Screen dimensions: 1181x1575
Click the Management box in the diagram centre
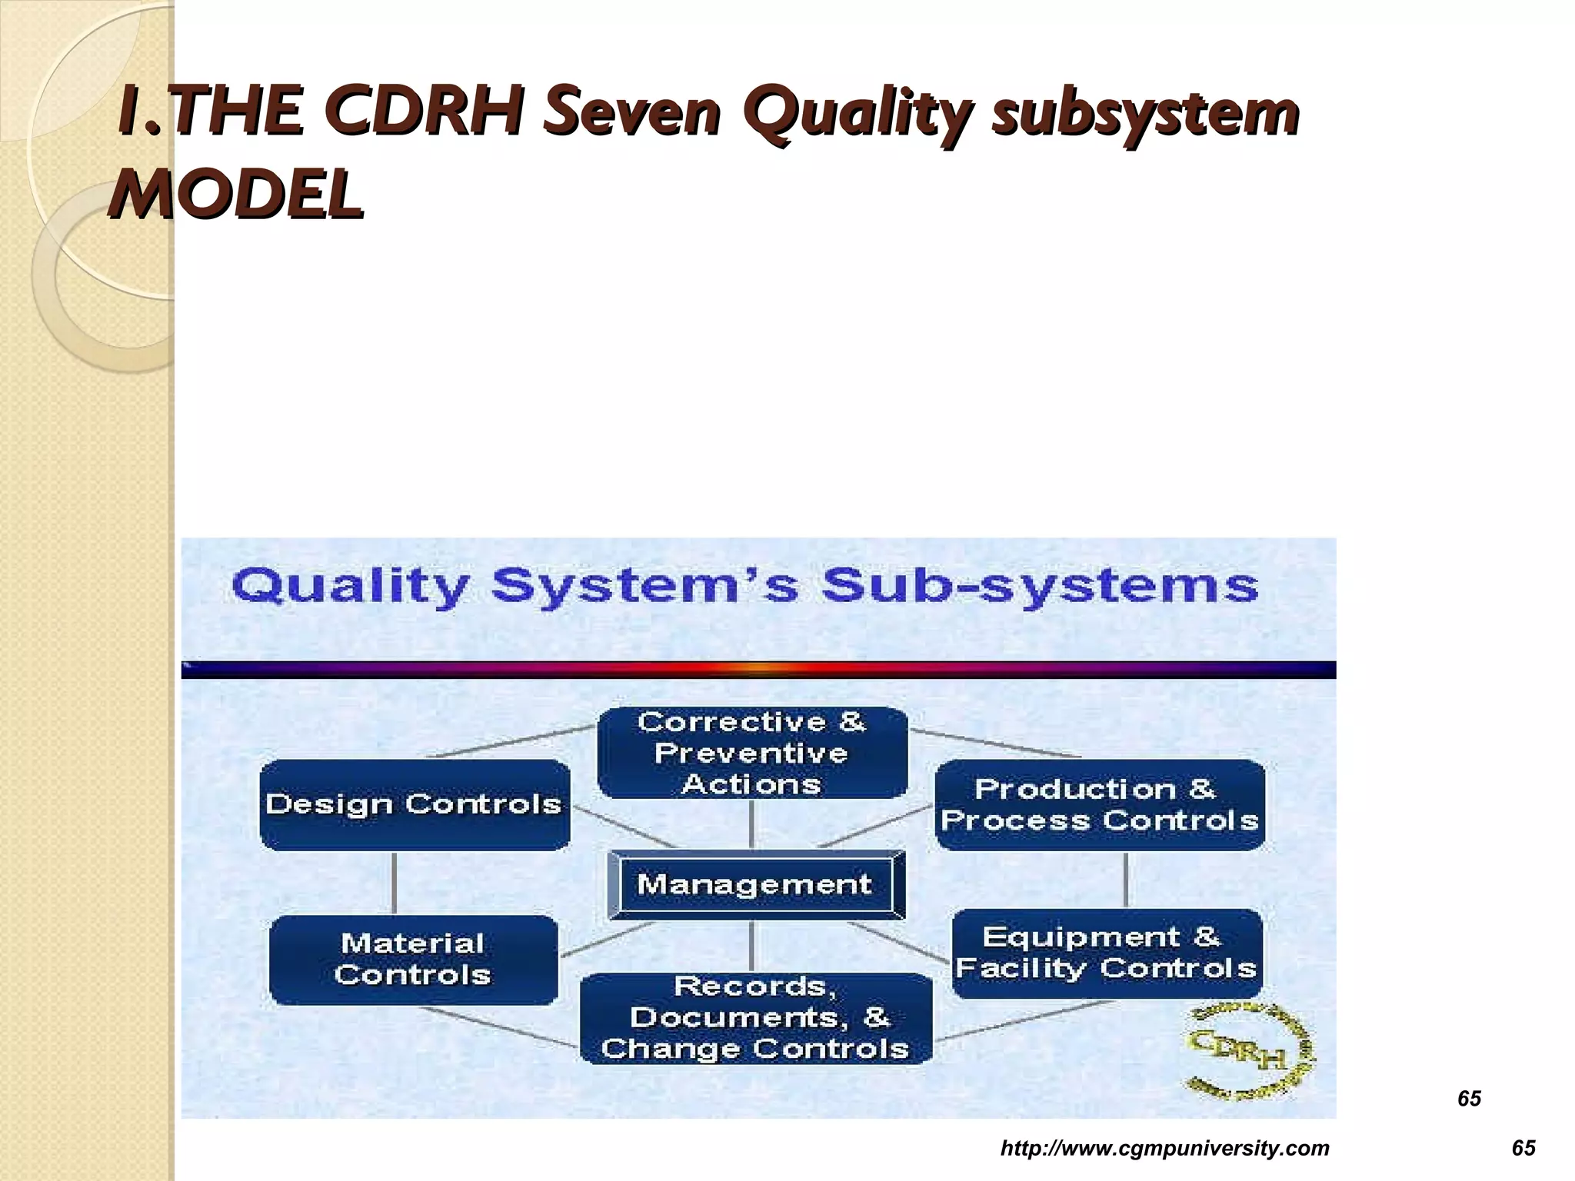click(x=755, y=884)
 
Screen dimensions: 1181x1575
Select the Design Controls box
click(x=415, y=804)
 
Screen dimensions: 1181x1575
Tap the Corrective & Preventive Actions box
click(x=752, y=753)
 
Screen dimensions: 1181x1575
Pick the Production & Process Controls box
click(x=1100, y=805)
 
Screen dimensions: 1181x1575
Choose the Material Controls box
click(x=413, y=960)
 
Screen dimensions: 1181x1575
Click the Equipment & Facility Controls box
click(x=1107, y=953)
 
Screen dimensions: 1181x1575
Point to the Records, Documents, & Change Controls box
click(x=755, y=1018)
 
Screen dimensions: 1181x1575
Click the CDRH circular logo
click(x=1247, y=1051)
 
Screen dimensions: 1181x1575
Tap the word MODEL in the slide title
click(x=235, y=194)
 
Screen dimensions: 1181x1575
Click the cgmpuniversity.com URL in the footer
click(x=1164, y=1148)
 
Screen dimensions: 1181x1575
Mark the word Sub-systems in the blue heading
click(x=1039, y=586)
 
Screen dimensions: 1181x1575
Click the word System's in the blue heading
click(x=644, y=587)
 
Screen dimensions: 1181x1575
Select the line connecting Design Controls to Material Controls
click(x=395, y=882)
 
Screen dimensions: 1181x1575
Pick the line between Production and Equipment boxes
click(x=1126, y=880)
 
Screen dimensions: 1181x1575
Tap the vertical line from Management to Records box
click(x=751, y=946)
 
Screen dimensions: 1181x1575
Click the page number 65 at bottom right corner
click(x=1523, y=1148)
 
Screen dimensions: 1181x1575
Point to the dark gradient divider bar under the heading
click(x=758, y=670)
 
